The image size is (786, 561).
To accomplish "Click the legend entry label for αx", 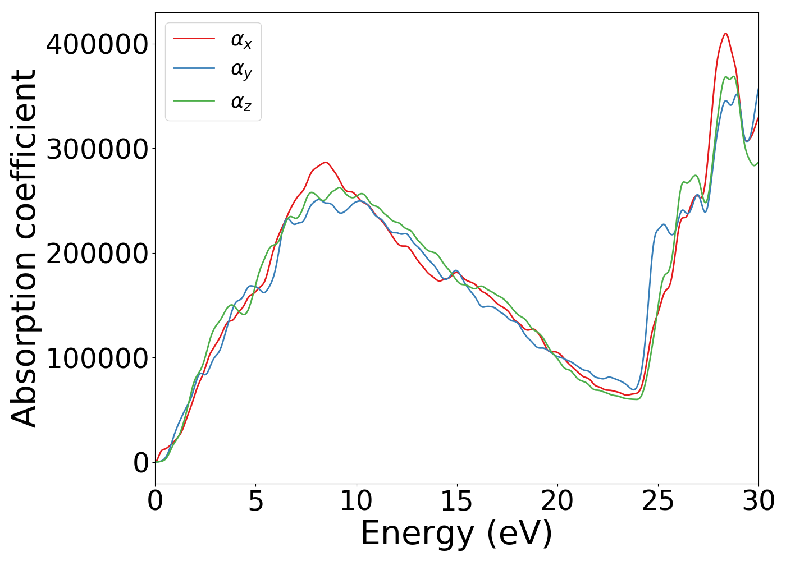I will (241, 40).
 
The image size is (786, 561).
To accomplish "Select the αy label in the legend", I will (241, 70).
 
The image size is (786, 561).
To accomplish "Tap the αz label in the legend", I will (241, 102).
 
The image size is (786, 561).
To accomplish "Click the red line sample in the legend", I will (194, 38).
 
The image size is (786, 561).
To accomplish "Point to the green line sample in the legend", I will (194, 100).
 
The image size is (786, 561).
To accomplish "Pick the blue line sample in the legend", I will (194, 68).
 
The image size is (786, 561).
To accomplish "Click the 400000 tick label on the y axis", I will (97, 44).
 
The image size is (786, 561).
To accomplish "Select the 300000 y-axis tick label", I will (97, 149).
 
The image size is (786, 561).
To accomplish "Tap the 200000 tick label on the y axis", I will (97, 253).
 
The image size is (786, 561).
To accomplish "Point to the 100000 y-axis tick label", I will (97, 358).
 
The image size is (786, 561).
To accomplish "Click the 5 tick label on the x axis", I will (255, 501).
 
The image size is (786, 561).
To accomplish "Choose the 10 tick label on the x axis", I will (356, 501).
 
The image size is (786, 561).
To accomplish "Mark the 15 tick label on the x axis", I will (456, 501).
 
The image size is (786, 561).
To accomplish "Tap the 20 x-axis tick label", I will (557, 501).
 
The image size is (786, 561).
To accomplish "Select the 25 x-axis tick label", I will (657, 501).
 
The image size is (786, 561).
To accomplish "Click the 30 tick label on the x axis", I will (758, 501).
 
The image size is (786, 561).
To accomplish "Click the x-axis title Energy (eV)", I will (456, 533).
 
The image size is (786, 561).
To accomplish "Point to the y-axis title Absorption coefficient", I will (24, 248).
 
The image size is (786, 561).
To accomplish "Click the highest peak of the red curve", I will (725, 34).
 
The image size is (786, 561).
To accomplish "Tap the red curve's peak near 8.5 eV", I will (325, 162).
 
